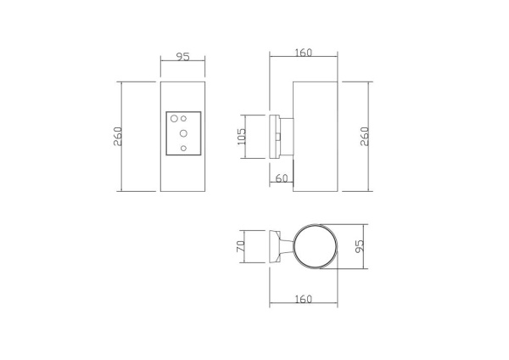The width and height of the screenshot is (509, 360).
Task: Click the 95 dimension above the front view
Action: click(x=182, y=57)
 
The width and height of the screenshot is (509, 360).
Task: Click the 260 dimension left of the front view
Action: click(x=119, y=136)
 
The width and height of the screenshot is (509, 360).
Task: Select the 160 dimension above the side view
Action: click(x=304, y=52)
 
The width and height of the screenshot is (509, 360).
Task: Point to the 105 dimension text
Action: click(x=242, y=137)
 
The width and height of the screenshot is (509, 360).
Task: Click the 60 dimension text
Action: click(x=282, y=178)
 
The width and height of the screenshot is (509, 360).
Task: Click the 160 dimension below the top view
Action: click(x=304, y=299)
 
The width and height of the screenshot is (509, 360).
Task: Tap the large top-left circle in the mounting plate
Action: click(x=173, y=119)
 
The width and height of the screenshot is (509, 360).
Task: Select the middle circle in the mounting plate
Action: click(x=183, y=133)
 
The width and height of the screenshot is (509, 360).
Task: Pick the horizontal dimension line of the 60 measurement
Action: click(x=282, y=184)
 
